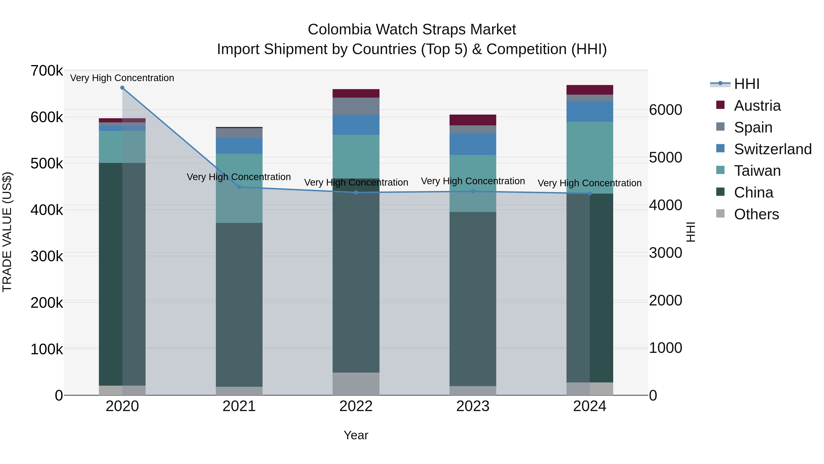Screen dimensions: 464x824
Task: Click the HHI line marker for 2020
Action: (122, 88)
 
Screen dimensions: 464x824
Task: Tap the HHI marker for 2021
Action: (239, 187)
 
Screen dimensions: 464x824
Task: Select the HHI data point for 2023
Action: (473, 192)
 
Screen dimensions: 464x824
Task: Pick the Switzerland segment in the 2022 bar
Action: (356, 125)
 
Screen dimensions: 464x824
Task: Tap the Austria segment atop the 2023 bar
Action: (473, 120)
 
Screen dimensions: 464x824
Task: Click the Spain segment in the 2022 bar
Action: (356, 106)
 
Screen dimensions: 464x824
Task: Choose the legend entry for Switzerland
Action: (772, 149)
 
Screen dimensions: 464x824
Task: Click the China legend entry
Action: (753, 192)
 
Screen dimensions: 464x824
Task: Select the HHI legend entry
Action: (747, 84)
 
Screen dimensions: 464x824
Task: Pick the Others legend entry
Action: (756, 214)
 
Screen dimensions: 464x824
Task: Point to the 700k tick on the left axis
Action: (47, 71)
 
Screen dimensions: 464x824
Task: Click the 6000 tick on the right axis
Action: (665, 110)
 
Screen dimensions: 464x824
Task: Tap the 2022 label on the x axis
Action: (356, 406)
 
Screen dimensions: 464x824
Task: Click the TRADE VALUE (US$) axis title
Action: (7, 232)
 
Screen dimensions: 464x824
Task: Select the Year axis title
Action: (356, 435)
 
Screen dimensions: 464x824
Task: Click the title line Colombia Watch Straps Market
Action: (412, 30)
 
